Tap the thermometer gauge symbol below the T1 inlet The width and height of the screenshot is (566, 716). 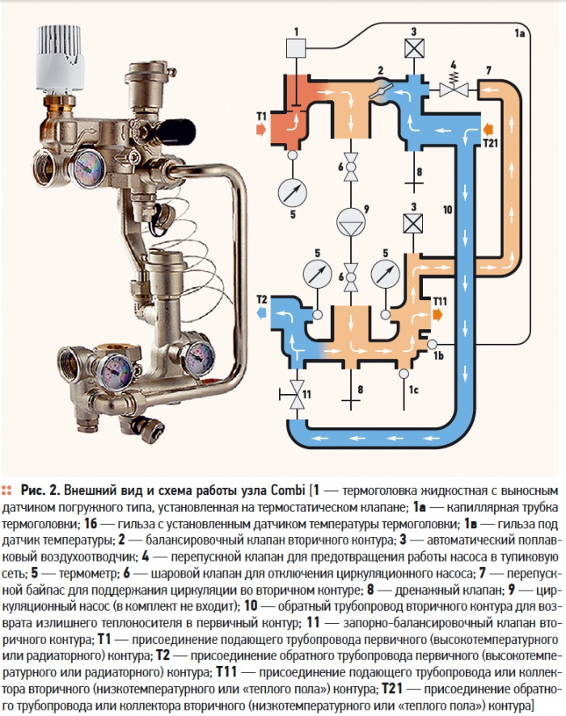tap(292, 193)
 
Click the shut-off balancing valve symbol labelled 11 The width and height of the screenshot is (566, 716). tap(297, 396)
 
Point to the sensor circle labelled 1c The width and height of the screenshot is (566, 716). tap(404, 375)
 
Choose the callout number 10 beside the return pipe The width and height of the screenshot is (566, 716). tap(447, 210)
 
